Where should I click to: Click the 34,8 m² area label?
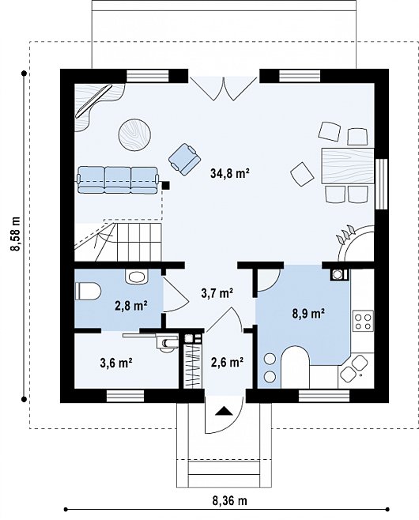pyautogui.click(x=229, y=173)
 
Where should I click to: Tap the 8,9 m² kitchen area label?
pyautogui.click(x=308, y=313)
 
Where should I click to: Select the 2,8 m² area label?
pyautogui.click(x=131, y=306)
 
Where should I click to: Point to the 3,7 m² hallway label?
pyautogui.click(x=217, y=292)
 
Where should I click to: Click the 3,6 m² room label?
pyautogui.click(x=116, y=363)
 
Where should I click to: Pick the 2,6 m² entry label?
pyautogui.click(x=227, y=362)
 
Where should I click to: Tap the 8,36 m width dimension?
pyautogui.click(x=229, y=500)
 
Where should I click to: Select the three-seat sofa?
pyautogui.click(x=118, y=180)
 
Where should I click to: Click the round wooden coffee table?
pyautogui.click(x=135, y=135)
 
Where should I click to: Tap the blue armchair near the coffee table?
pyautogui.click(x=184, y=159)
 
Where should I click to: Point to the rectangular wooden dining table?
pyautogui.click(x=348, y=166)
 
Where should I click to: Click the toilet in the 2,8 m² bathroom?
pyautogui.click(x=88, y=291)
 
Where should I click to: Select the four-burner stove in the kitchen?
pyautogui.click(x=363, y=321)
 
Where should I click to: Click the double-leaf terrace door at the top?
pyautogui.click(x=224, y=89)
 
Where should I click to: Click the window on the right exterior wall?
pyautogui.click(x=381, y=184)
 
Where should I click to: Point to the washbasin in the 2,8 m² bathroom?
pyautogui.click(x=136, y=277)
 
